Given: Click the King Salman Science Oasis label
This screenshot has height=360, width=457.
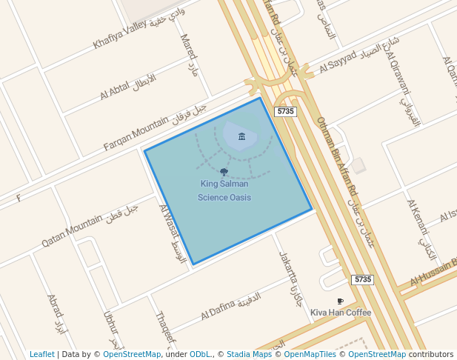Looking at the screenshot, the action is [x=224, y=190].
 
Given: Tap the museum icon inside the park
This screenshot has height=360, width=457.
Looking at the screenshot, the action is [x=241, y=136].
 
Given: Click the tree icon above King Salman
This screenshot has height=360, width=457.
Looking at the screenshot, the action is [x=224, y=172].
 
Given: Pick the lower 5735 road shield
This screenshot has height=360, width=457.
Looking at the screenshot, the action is [x=362, y=279].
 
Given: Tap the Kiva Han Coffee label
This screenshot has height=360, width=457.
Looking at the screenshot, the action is [x=340, y=313].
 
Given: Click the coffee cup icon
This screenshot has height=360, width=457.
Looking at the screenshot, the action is [x=340, y=301].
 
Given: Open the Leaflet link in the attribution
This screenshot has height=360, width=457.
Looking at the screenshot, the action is [x=41, y=354].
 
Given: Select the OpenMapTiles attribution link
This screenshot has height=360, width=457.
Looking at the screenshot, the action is [x=310, y=354].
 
